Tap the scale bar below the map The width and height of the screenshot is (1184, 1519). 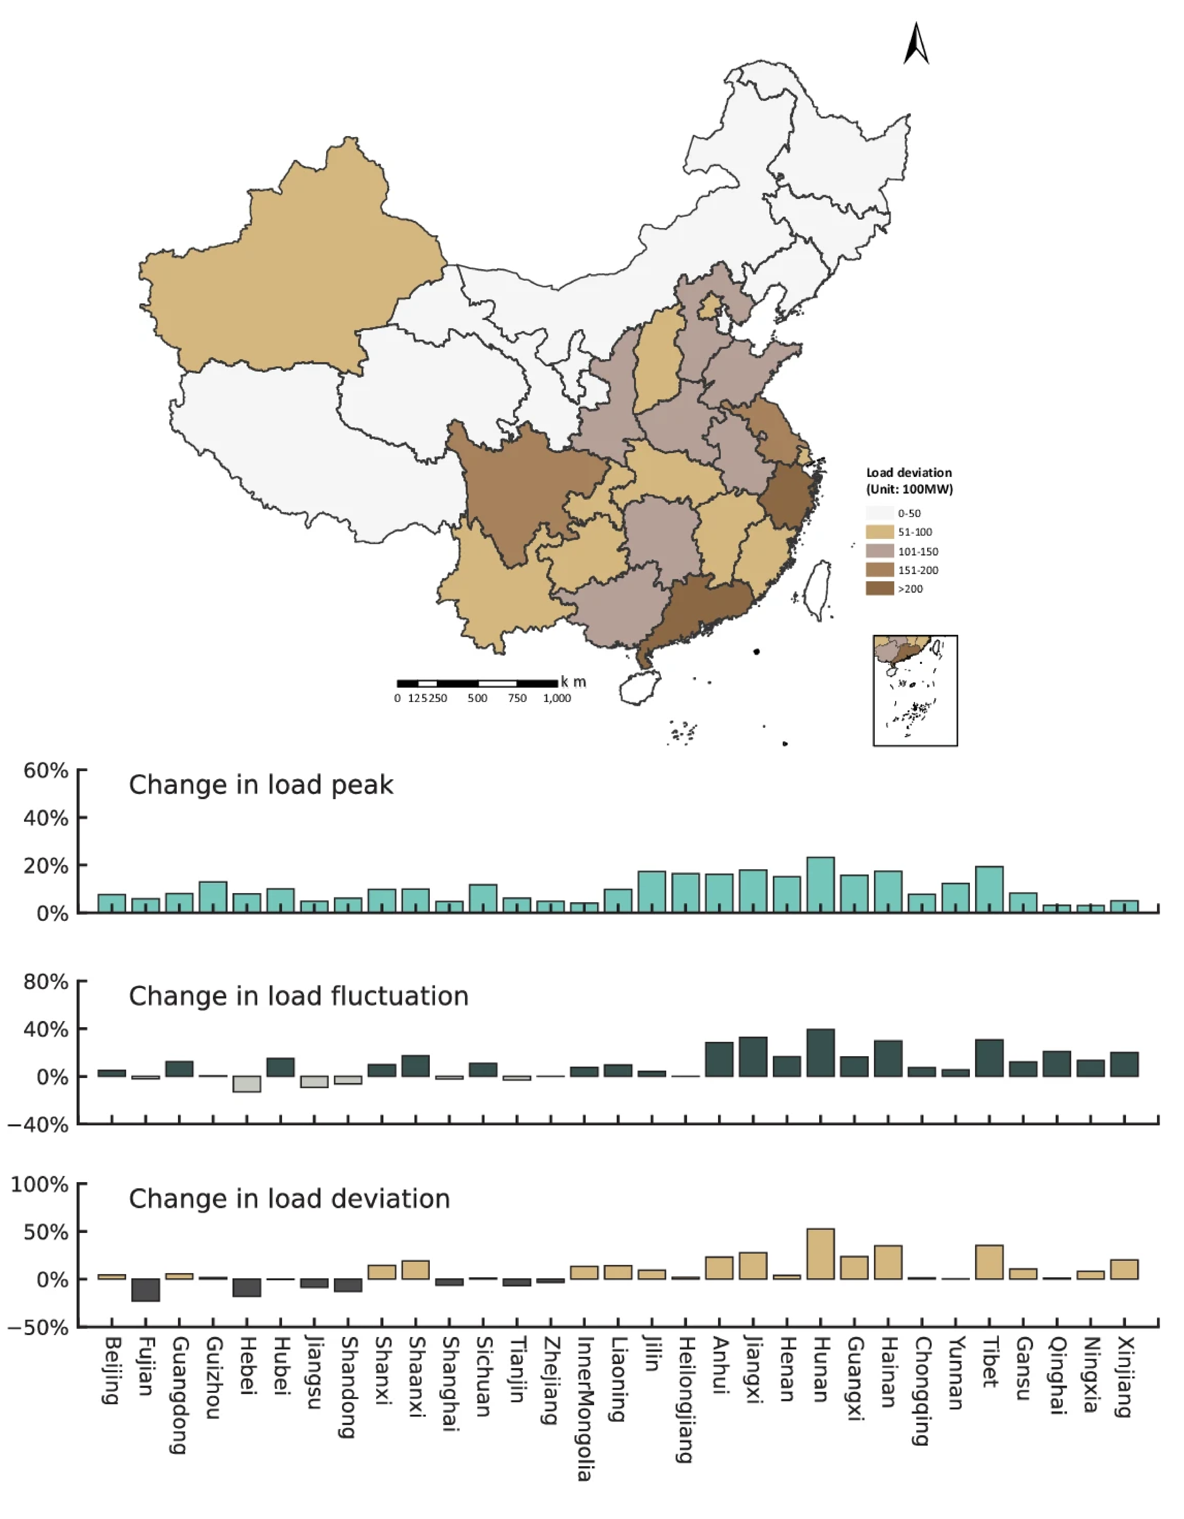point(477,684)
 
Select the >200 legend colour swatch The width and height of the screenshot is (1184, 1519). point(879,588)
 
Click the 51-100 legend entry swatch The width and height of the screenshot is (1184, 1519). point(879,532)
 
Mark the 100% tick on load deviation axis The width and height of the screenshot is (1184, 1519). point(40,1184)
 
